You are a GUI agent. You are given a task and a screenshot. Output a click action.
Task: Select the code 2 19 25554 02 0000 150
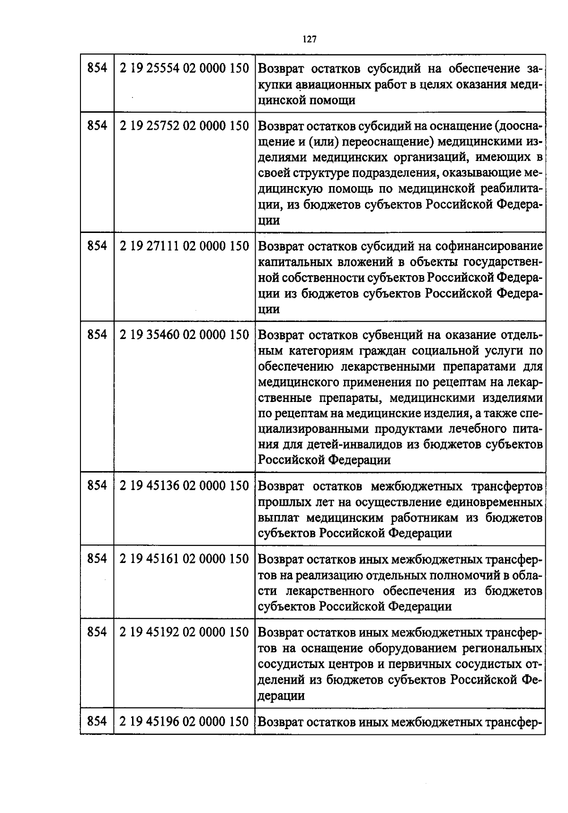coord(184,68)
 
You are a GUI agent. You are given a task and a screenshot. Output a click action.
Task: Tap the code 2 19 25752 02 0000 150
coord(184,126)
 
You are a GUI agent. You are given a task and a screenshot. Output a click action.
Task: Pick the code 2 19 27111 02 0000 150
coord(184,246)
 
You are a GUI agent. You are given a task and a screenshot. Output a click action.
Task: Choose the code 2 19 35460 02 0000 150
coord(184,335)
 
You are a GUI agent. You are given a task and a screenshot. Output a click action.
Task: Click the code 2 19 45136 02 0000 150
coord(184,486)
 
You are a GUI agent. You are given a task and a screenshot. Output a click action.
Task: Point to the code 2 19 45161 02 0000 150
coord(184,559)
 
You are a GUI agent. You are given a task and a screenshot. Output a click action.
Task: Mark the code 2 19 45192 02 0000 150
coord(184,633)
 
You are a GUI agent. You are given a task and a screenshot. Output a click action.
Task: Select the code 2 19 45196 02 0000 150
coord(184,722)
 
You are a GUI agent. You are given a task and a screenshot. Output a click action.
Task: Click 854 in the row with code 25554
coord(97,68)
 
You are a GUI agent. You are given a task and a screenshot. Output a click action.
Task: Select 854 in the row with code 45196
coord(97,722)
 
